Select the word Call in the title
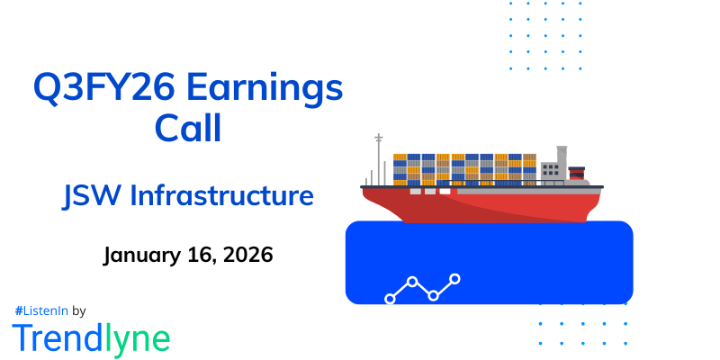point(188,128)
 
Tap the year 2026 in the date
point(240,255)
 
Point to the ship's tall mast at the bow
point(379,157)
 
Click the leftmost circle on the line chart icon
point(391,298)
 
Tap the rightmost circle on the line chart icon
point(455,279)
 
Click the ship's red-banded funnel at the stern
point(577,172)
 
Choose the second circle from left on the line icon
point(412,282)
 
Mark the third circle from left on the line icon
point(434,295)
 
